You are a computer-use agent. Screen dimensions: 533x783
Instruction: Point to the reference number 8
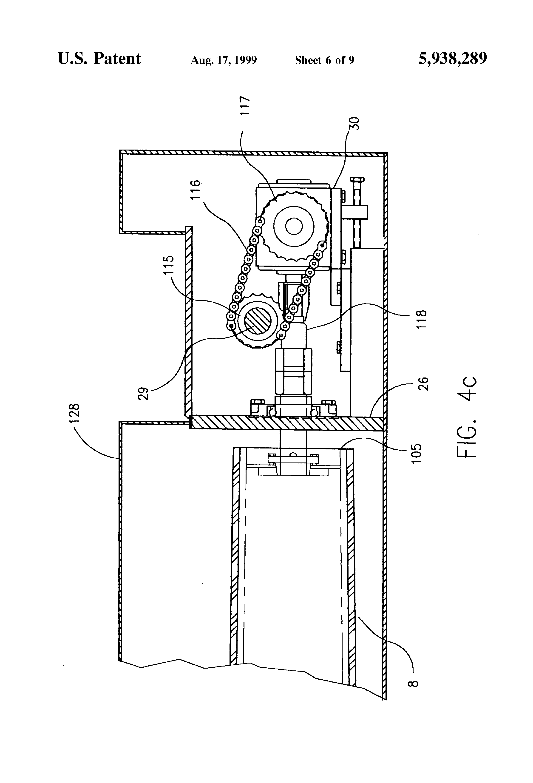415,683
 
